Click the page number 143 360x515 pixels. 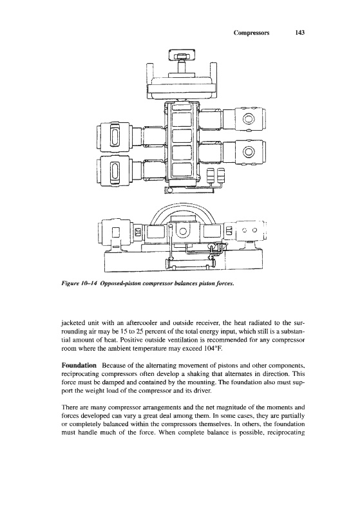pos(300,33)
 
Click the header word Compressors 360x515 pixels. pos(251,33)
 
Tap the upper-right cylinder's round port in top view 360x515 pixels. pos(249,120)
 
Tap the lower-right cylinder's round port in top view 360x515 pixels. pos(249,152)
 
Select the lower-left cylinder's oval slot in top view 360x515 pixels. pos(115,171)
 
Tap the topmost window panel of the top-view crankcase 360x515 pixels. pos(182,108)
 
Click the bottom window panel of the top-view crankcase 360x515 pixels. pos(182,169)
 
